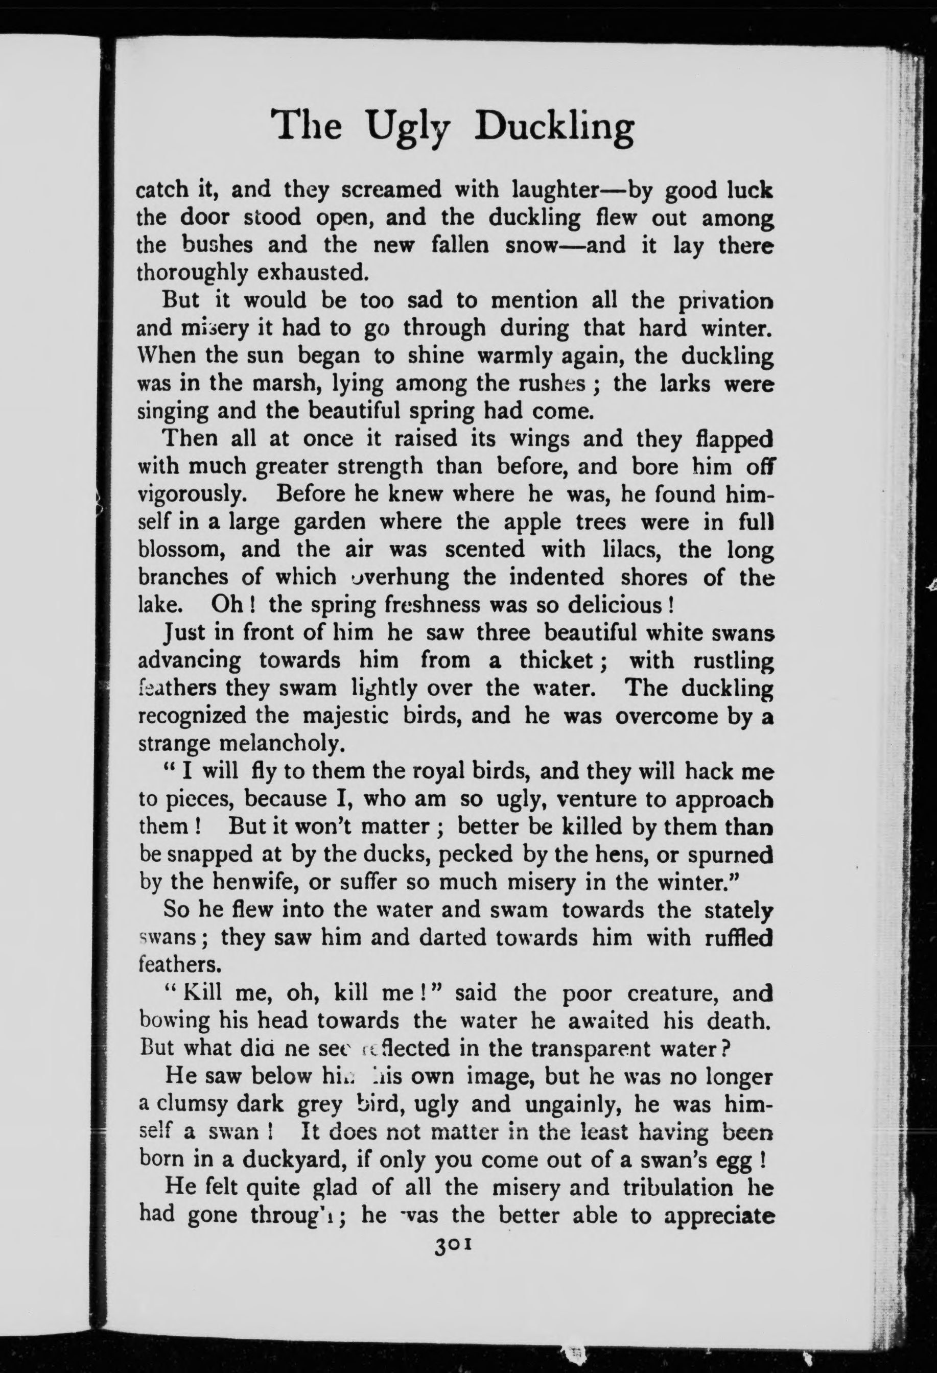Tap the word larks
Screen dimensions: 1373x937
tap(683, 384)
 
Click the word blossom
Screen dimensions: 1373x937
tap(177, 550)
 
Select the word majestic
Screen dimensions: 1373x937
tap(345, 716)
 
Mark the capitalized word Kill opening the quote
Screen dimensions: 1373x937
tap(201, 992)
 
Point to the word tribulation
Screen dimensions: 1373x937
tap(673, 1188)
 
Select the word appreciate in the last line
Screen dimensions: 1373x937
tap(718, 1215)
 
